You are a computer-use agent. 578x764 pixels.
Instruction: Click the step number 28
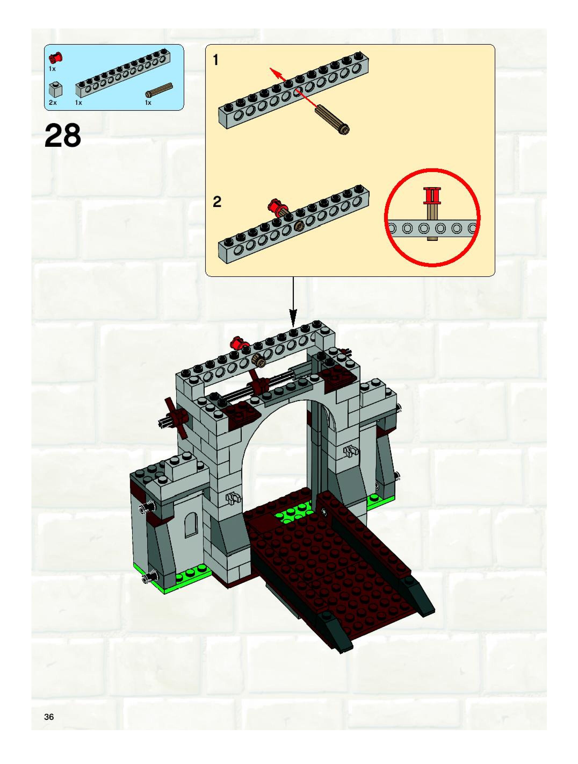(63, 135)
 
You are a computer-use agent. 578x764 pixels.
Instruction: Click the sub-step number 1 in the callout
(216, 60)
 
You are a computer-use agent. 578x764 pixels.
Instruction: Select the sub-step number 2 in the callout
(216, 202)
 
